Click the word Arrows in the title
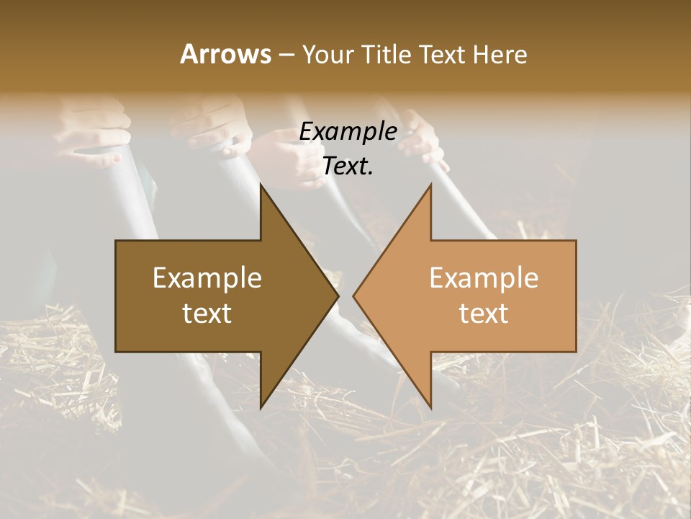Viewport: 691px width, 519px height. (225, 54)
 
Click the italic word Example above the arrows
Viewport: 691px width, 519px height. (348, 132)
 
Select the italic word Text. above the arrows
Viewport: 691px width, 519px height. (348, 166)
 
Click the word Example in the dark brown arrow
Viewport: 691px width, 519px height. (207, 278)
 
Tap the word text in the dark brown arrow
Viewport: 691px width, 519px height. (207, 314)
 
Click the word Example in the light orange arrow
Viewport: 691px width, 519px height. (484, 278)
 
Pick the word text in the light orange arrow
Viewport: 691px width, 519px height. (484, 314)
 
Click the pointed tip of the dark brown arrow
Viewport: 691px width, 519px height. (336, 296)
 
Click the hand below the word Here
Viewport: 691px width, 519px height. (425, 137)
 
